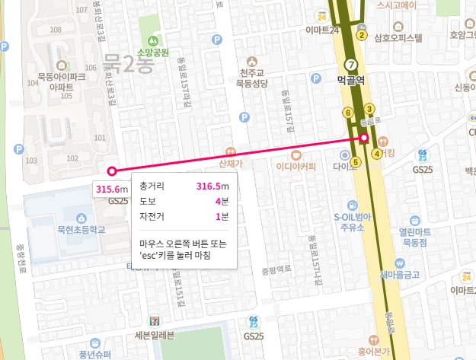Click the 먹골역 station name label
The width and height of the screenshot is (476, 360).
(352, 79)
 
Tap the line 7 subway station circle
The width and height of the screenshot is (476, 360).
(350, 64)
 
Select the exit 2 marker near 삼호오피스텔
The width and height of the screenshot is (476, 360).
(362, 35)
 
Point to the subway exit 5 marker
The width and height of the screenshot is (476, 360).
(355, 161)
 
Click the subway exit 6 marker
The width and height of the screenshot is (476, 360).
(348, 113)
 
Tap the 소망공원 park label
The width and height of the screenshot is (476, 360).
(152, 52)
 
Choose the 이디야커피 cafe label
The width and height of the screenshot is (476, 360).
(296, 166)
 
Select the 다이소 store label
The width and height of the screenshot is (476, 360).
(344, 164)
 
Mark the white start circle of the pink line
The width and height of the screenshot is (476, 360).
(112, 171)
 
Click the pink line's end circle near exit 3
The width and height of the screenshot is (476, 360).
(364, 138)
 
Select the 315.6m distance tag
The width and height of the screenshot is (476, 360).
(111, 189)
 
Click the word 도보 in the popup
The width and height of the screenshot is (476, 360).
(148, 202)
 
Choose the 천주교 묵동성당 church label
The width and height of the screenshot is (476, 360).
(253, 78)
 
